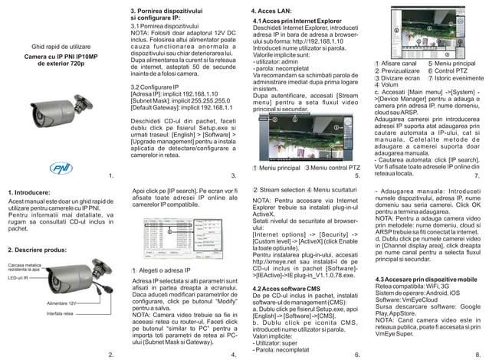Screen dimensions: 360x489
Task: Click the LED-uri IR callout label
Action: [x=17, y=278]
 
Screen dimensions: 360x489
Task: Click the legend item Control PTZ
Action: [x=453, y=70]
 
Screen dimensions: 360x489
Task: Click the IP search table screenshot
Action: [x=184, y=237]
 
